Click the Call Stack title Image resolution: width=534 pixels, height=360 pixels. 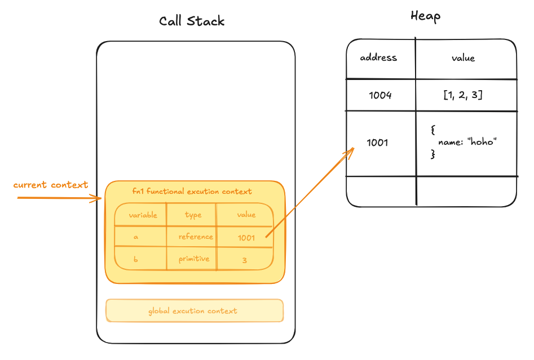pos(192,21)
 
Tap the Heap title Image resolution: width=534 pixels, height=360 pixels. pos(425,16)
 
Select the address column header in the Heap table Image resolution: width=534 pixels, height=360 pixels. pos(378,57)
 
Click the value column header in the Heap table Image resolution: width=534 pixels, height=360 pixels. pos(463,58)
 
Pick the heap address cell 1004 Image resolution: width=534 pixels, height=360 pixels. pos(380,95)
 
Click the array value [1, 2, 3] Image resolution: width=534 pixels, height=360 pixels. pos(463,95)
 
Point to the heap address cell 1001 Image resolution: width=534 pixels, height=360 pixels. pos(377,142)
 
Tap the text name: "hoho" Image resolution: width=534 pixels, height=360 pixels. pos(467,141)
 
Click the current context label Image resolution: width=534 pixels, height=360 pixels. pos(50,185)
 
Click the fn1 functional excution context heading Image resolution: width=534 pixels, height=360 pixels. pos(192,191)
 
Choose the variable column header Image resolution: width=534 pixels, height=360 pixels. pos(143,215)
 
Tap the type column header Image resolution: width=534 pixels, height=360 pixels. pos(193,215)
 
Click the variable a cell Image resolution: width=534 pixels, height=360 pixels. pos(136,237)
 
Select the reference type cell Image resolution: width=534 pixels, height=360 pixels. pos(196,237)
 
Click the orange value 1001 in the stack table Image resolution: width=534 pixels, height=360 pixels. pos(246,238)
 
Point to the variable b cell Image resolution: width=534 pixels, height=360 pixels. pos(135,259)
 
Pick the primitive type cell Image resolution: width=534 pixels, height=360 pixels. pos(194,259)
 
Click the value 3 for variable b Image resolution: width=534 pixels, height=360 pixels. pos(245,260)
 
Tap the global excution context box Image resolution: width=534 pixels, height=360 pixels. pos(195,310)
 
